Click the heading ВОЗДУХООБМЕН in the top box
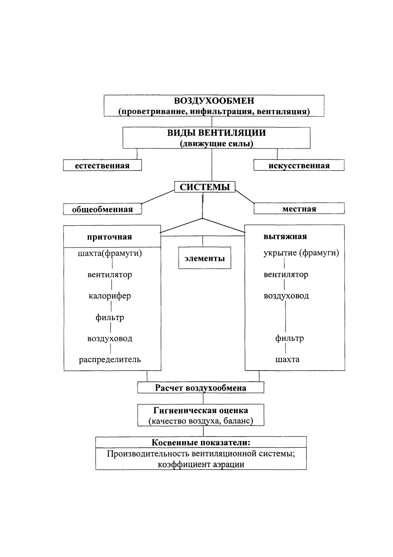[214, 101]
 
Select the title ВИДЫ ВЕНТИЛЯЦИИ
[216, 133]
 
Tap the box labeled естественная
[102, 165]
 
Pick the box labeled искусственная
[299, 165]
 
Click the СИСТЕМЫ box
[205, 187]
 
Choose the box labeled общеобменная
[103, 209]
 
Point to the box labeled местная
[299, 208]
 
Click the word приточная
[110, 237]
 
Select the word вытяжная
[285, 236]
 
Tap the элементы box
[205, 258]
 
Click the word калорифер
[110, 296]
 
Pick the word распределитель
[110, 359]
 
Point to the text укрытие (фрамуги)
[301, 253]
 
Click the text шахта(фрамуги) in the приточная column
[110, 254]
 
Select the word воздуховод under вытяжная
[286, 296]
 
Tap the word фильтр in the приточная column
[110, 318]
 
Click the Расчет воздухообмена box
[201, 388]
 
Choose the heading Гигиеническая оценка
[201, 410]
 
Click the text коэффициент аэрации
[201, 465]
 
